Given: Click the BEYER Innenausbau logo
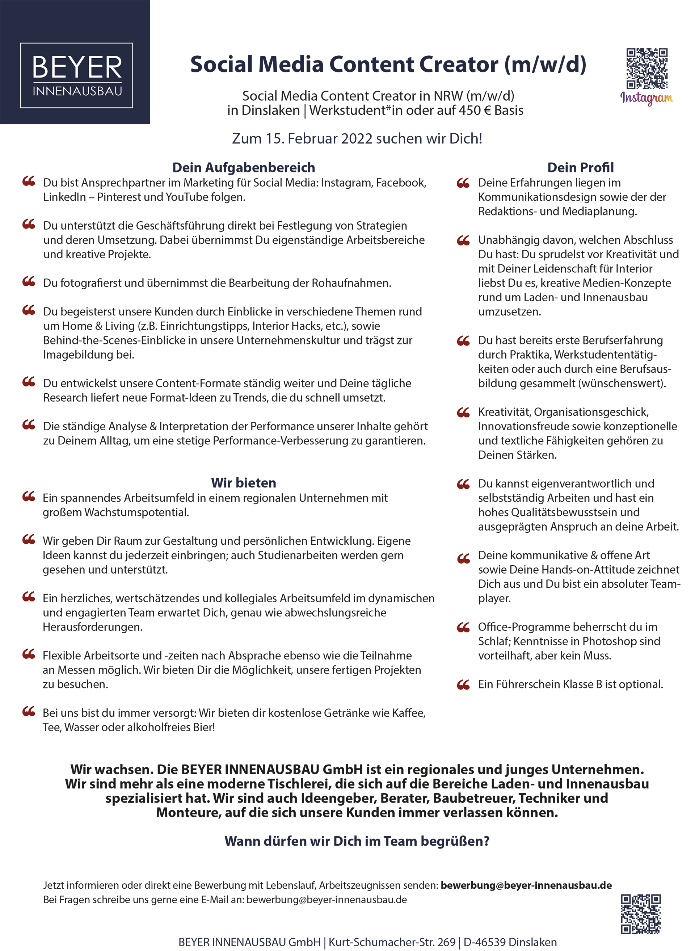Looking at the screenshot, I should [77, 75].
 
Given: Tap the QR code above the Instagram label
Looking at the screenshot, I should [646, 68].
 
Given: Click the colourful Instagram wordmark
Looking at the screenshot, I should [646, 98].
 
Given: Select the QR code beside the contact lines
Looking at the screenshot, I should [641, 914].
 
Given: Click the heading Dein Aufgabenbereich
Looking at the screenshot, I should [244, 167].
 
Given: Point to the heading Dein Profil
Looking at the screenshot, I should [580, 167].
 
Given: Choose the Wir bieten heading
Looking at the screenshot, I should [244, 483].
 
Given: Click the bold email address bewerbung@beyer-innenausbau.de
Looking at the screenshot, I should [526, 885].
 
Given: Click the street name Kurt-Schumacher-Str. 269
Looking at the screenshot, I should [392, 942].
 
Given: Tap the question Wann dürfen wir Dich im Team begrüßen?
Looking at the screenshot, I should [357, 841].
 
